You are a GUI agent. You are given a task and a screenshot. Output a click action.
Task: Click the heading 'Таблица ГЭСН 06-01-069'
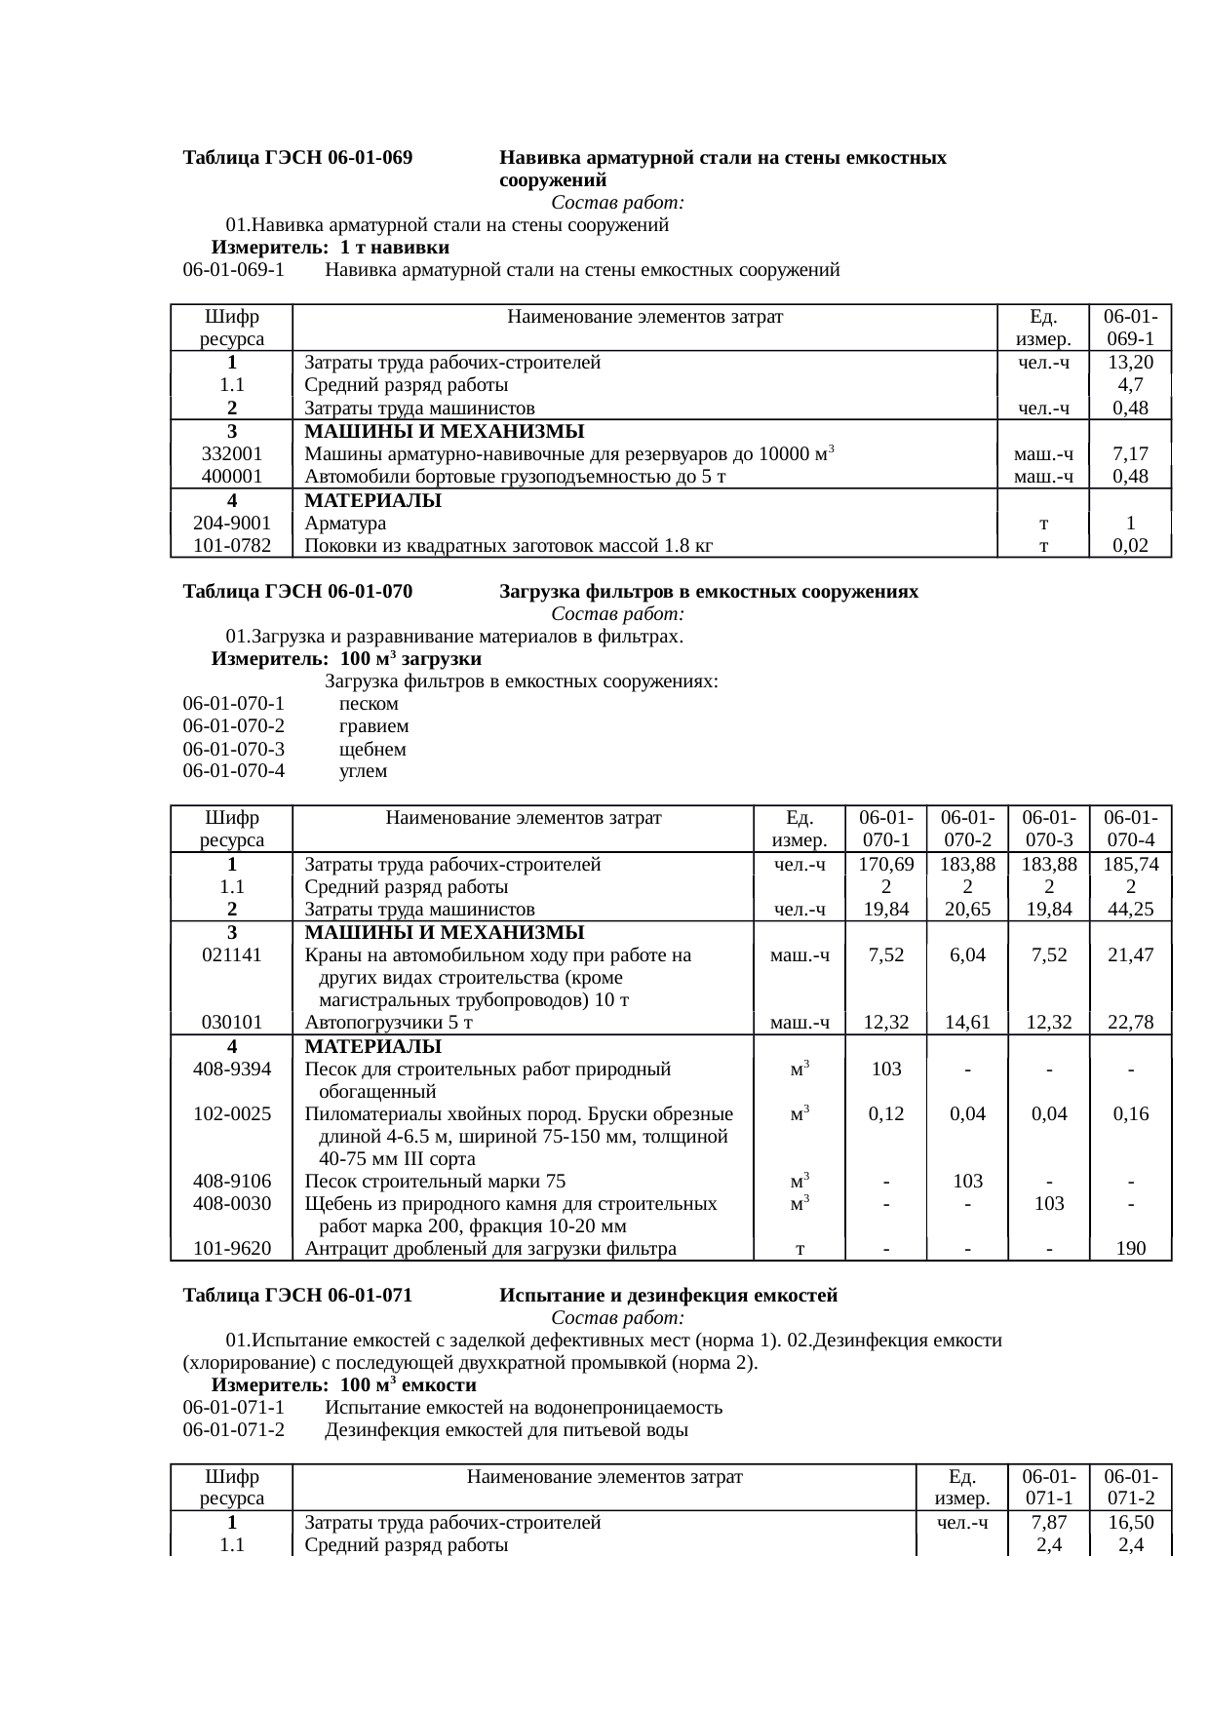[x=297, y=157]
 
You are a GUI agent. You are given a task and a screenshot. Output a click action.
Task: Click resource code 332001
[x=231, y=454]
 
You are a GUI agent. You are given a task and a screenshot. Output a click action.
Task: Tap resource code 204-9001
[x=231, y=524]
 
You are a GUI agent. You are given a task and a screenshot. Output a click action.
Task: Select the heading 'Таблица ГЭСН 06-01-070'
[x=297, y=592]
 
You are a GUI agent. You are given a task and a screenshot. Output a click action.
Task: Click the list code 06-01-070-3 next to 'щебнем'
[x=233, y=750]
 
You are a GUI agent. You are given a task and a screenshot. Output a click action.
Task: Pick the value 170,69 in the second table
[x=885, y=865]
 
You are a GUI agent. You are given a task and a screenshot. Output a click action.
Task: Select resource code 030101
[x=231, y=1023]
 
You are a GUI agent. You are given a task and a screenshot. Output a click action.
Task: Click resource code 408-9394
[x=231, y=1069]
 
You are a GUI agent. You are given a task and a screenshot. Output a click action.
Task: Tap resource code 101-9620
[x=231, y=1249]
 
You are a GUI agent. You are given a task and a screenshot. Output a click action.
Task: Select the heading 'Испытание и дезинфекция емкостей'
[x=668, y=1296]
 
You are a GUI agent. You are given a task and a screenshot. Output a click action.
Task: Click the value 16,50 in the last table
[x=1130, y=1523]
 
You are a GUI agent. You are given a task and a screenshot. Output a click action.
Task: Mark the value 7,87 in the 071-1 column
[x=1048, y=1523]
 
